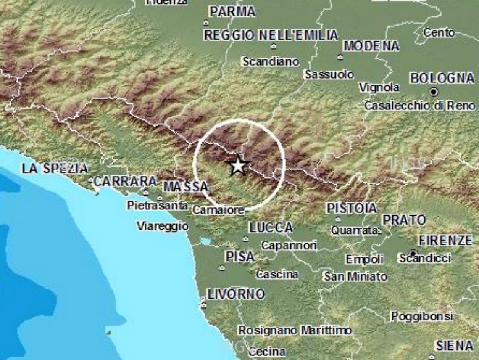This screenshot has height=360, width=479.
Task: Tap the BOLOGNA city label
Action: click(442, 78)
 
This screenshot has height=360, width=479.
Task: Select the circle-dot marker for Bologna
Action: click(434, 92)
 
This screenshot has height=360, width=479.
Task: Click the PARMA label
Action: click(232, 12)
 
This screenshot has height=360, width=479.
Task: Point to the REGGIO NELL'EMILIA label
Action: click(271, 35)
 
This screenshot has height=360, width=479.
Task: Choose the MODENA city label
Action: click(371, 46)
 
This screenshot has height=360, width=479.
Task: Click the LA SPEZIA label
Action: click(55, 169)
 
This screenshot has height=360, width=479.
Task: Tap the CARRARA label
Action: click(125, 182)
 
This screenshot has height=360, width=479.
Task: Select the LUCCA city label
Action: click(271, 228)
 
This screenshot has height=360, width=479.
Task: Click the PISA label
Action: click(239, 256)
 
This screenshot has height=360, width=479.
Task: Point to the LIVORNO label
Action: click(236, 294)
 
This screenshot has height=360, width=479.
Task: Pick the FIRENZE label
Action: click(445, 241)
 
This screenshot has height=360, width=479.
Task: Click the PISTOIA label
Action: click(352, 208)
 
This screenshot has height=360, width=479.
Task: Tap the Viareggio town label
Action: click(162, 226)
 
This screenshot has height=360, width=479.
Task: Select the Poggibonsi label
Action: click(422, 316)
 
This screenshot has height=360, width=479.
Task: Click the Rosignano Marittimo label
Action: click(295, 331)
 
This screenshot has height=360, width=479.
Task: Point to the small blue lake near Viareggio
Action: click(206, 241)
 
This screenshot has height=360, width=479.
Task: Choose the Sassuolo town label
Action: click(329, 75)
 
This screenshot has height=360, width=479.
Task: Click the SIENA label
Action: click(454, 346)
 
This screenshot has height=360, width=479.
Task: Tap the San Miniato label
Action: click(355, 276)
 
